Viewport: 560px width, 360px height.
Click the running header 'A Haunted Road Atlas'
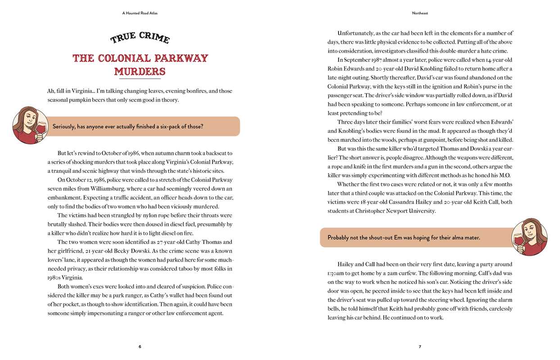[x=140, y=13]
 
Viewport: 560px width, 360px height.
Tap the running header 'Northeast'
[x=420, y=13]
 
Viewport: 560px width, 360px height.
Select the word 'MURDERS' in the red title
[x=140, y=72]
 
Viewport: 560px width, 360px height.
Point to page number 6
[x=140, y=346]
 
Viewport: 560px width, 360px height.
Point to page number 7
[x=420, y=346]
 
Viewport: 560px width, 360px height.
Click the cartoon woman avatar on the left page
[x=30, y=126]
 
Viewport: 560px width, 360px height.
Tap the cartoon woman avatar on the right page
[x=529, y=237]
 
